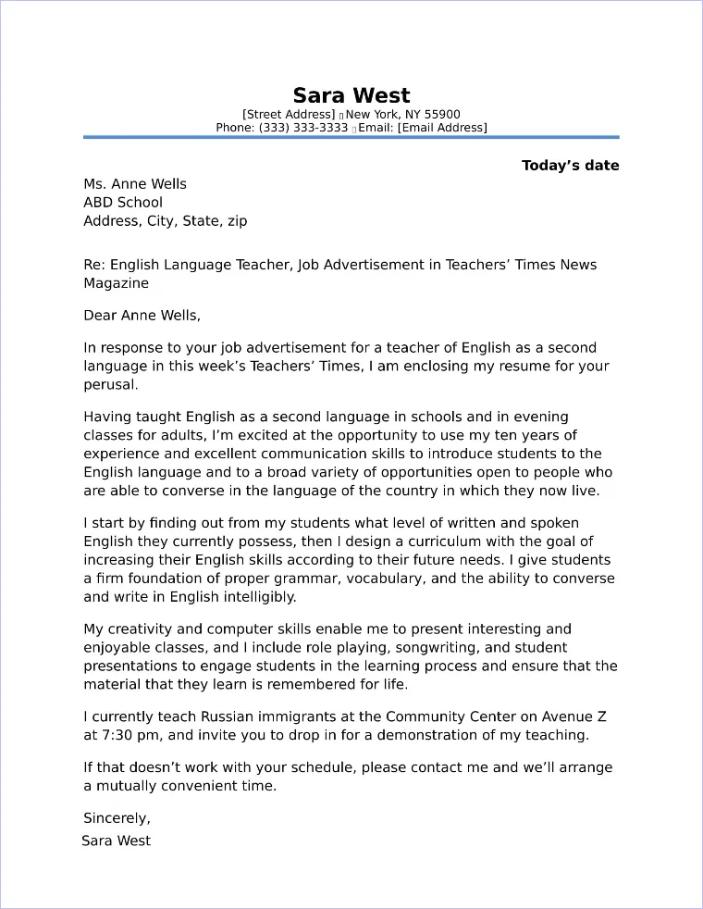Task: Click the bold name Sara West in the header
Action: (351, 95)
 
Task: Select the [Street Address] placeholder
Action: (289, 115)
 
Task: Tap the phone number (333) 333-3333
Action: (303, 128)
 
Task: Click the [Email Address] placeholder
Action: (442, 128)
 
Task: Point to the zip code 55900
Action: (442, 115)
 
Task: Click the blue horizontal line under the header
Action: (351, 137)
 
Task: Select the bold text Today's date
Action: (570, 166)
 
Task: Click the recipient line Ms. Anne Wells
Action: (135, 184)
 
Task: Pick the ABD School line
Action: (123, 203)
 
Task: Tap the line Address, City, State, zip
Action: (166, 221)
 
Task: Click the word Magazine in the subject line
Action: (116, 283)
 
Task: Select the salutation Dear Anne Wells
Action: (141, 316)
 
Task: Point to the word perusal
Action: (110, 385)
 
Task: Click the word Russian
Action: (209, 717)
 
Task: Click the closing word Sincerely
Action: (117, 818)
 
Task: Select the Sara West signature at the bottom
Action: (117, 841)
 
